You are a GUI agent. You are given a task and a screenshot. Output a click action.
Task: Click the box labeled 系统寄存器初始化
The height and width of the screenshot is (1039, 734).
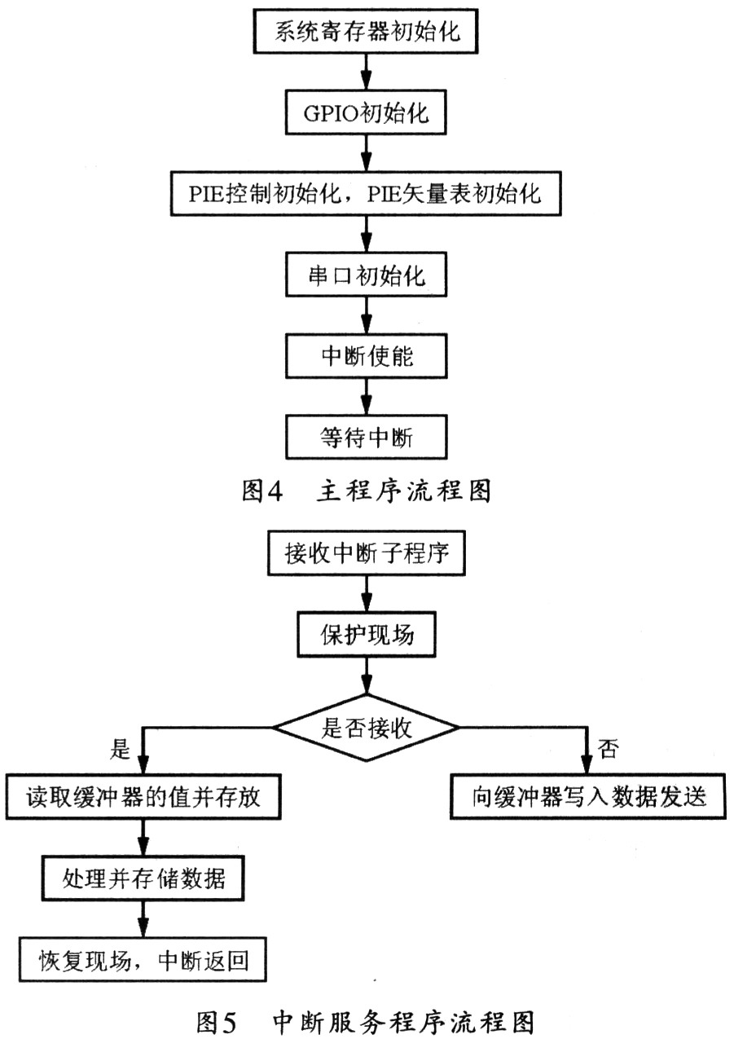366,31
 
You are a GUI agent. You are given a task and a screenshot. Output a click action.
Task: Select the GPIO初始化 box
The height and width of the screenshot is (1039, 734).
366,112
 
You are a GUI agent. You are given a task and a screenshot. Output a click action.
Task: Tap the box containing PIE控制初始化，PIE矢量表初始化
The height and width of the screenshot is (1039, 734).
366,193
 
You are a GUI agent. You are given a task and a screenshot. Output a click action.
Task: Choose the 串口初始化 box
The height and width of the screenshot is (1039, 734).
366,275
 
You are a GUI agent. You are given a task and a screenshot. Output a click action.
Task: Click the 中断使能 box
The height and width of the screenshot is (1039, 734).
366,356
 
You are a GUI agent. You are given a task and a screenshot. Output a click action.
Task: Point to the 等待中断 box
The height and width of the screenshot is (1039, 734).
366,437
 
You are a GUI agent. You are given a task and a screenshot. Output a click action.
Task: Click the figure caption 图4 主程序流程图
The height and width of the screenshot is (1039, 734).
366,491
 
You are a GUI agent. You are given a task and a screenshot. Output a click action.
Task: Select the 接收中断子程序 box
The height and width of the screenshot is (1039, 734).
367,553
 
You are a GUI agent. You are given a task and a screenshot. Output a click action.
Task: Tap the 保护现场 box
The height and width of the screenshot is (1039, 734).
367,635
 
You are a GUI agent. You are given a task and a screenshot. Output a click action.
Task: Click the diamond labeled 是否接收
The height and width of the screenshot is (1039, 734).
367,728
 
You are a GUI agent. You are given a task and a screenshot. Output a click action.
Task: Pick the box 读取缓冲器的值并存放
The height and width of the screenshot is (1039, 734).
143,797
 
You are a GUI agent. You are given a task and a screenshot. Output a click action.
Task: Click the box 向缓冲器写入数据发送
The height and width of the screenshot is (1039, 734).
588,796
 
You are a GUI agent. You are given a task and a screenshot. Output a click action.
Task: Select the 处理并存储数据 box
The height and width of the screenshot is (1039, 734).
143,878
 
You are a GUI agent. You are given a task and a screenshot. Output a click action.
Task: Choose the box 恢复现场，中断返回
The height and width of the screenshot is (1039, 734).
143,960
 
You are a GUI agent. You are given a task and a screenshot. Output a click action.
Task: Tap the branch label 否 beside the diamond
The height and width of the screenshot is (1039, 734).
608,748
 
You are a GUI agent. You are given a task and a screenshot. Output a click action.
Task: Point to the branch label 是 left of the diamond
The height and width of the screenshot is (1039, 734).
120,748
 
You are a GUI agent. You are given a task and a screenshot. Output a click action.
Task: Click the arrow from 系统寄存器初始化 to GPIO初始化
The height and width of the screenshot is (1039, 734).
367,72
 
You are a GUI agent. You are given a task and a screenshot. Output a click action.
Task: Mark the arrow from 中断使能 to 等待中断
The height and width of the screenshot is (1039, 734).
367,397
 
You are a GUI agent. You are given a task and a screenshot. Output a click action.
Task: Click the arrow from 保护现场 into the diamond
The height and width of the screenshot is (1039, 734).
367,676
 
